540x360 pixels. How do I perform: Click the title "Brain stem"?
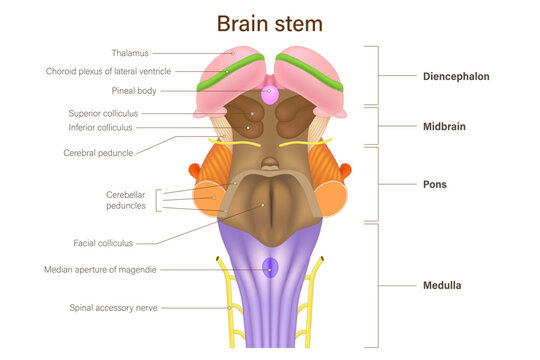[x=270, y=22]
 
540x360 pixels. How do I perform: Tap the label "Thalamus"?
[x=131, y=52]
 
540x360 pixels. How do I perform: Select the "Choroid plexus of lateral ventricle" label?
[x=109, y=71]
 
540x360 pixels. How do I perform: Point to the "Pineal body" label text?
[x=132, y=90]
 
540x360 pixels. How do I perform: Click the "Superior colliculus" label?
[x=103, y=113]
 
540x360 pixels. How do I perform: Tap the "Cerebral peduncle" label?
[x=97, y=153]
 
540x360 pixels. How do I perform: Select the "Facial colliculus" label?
[x=103, y=243]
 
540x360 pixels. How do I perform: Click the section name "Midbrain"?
[x=443, y=127]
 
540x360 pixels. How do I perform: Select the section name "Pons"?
[x=434, y=185]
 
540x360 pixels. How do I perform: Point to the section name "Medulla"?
[x=440, y=285]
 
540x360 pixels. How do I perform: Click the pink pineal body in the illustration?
[x=270, y=96]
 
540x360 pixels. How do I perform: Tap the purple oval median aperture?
[x=270, y=268]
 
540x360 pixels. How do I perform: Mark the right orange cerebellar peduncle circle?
[x=331, y=199]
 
